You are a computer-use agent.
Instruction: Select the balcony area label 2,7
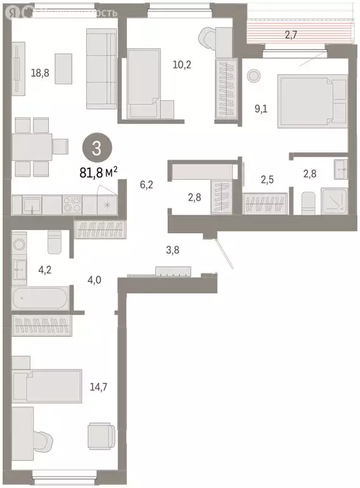coord(291,36)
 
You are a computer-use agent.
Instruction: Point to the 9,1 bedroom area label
coord(261,109)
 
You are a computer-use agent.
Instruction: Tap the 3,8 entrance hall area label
coord(173,250)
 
